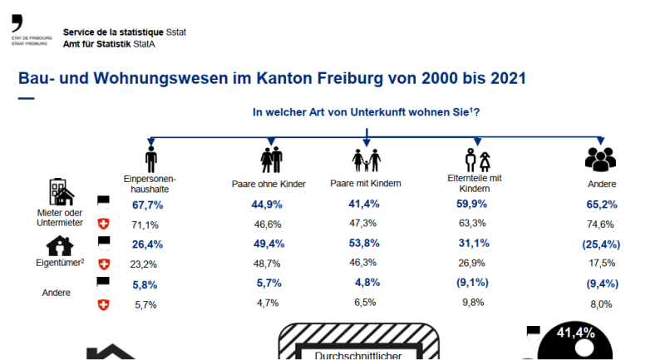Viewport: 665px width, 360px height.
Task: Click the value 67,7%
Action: [147, 205]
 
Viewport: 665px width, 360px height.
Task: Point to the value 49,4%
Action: [268, 244]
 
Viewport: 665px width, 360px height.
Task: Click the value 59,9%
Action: [471, 205]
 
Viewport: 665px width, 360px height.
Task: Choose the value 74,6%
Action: [600, 224]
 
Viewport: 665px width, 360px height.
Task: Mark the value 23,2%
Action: [147, 264]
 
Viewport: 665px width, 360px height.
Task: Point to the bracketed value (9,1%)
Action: [471, 284]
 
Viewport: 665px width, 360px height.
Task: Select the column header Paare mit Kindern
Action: [367, 183]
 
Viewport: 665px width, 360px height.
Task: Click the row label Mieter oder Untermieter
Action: [60, 219]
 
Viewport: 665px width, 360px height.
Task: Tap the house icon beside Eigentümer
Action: [59, 246]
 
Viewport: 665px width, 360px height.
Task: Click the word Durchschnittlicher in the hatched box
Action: [358, 356]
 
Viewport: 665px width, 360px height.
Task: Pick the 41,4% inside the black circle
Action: [576, 333]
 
